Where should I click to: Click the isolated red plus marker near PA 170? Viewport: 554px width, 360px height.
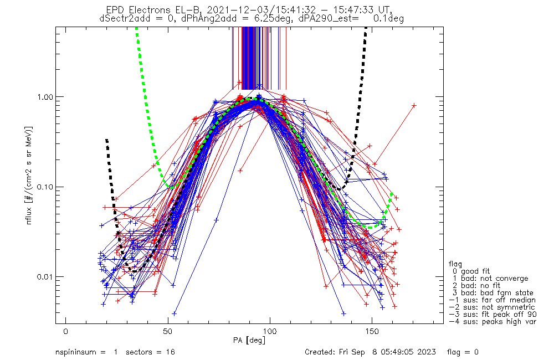coord(414,105)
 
